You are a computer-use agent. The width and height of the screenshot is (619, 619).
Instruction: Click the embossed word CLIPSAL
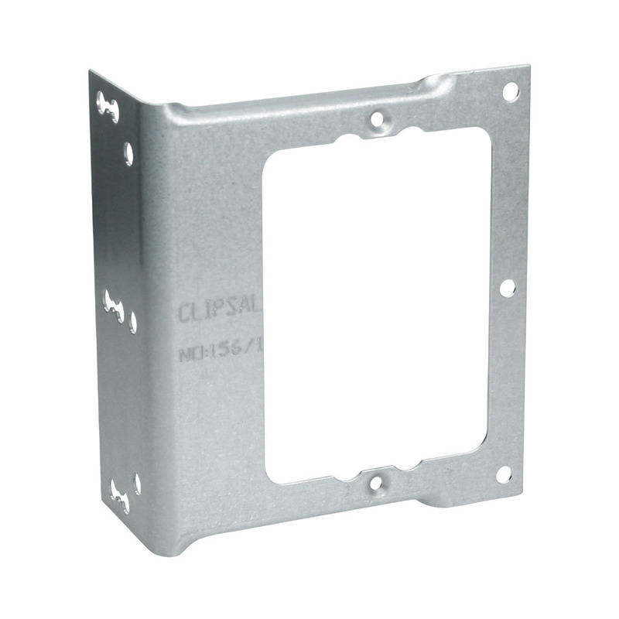pyautogui.click(x=221, y=312)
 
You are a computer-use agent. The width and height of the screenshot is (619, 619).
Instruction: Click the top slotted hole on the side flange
pyautogui.click(x=108, y=107)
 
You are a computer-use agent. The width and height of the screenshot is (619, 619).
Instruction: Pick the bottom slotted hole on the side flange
pyautogui.click(x=120, y=492)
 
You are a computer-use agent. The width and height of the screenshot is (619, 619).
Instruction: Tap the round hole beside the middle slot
pyautogui.click(x=133, y=320)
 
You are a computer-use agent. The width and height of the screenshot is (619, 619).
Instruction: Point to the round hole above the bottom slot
pyautogui.click(x=137, y=482)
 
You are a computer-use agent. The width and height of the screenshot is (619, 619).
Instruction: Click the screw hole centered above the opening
pyautogui.click(x=377, y=119)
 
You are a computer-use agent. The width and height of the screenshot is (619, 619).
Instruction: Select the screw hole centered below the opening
pyautogui.click(x=377, y=483)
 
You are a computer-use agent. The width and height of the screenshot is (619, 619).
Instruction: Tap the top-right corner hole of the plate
pyautogui.click(x=510, y=91)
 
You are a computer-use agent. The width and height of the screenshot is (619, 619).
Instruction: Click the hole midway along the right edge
pyautogui.click(x=507, y=288)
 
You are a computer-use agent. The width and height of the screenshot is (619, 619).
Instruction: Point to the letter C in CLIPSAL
pyautogui.click(x=185, y=313)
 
